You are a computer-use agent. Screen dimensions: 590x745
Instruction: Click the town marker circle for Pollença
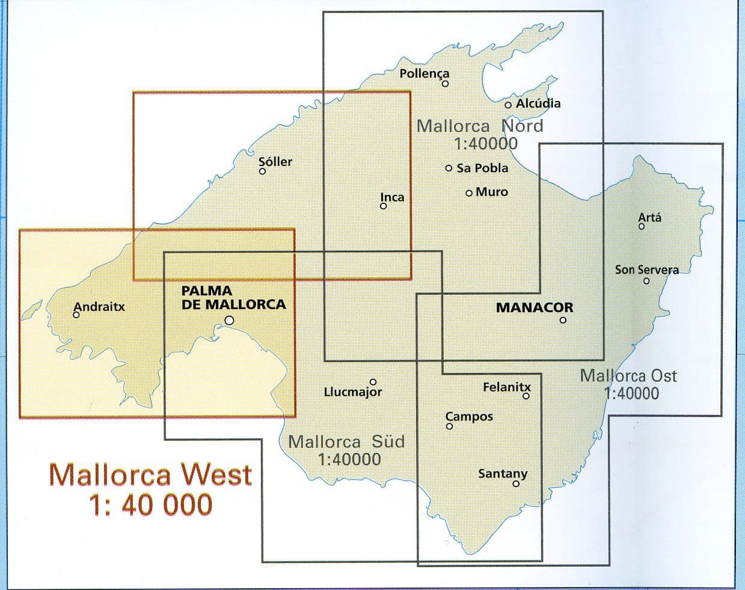(x=446, y=84)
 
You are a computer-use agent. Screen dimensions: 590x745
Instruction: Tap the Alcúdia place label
(x=538, y=103)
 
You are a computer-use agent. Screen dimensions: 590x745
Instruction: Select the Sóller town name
(x=275, y=161)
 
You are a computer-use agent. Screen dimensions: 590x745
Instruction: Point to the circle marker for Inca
(x=383, y=206)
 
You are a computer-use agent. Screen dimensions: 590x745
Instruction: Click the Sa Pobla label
(x=482, y=168)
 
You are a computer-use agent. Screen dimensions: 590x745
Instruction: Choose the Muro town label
(x=491, y=192)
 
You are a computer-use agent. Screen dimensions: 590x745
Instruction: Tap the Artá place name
(x=649, y=217)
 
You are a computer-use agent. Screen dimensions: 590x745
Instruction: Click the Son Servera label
(x=646, y=269)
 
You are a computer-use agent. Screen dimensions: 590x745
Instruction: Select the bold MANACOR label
(x=535, y=307)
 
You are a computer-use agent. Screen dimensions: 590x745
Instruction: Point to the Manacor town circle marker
(x=563, y=320)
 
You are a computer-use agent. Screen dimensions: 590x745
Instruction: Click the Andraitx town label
(x=99, y=306)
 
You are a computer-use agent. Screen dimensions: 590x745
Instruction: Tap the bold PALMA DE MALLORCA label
(x=233, y=298)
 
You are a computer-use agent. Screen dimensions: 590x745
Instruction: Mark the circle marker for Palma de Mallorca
(x=229, y=321)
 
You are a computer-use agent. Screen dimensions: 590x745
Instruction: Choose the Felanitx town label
(x=507, y=387)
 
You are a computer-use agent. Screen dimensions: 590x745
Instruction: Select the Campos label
(x=469, y=416)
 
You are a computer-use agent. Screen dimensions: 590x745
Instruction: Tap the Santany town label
(x=503, y=473)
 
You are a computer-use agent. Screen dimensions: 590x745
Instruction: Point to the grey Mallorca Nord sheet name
(x=480, y=125)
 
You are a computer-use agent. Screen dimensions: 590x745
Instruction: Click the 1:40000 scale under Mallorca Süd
(x=349, y=459)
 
